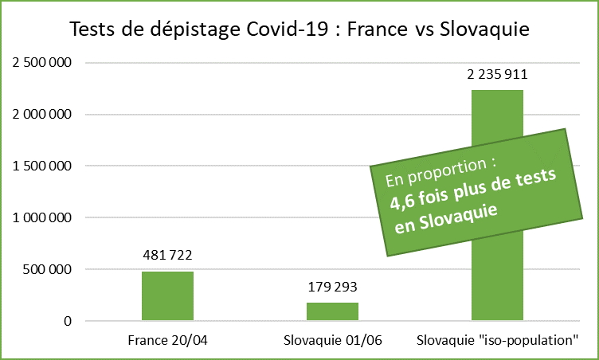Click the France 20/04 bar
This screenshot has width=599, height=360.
click(167, 296)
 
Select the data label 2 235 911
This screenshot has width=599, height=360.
click(497, 75)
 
